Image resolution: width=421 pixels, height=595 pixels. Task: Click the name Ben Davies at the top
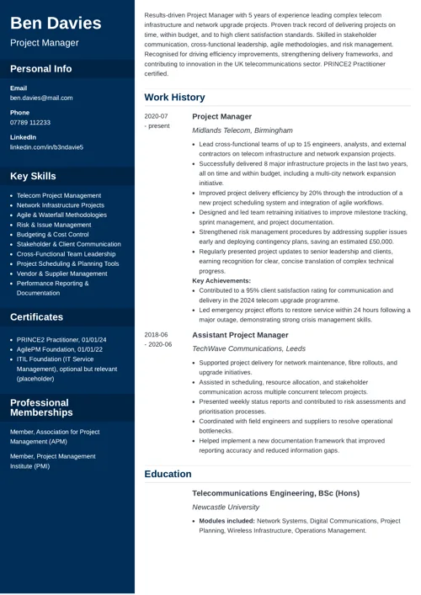[56, 23]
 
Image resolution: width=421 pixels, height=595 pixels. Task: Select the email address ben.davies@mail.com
[41, 98]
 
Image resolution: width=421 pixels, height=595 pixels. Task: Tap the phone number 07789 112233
[30, 123]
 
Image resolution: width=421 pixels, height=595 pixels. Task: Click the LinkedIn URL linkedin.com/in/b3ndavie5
[46, 147]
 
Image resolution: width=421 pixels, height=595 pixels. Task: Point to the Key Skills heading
[33, 176]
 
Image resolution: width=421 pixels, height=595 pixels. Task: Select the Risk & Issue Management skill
[54, 225]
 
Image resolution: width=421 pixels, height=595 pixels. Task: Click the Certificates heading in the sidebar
[36, 317]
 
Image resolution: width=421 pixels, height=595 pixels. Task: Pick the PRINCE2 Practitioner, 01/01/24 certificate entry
[61, 339]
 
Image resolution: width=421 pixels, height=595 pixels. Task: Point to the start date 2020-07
[156, 116]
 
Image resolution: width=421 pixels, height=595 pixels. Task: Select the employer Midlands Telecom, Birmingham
[242, 130]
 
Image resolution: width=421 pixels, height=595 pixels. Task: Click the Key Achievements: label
[221, 280]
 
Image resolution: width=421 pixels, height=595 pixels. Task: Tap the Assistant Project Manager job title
[240, 335]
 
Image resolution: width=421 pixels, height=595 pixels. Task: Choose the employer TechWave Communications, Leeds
[248, 348]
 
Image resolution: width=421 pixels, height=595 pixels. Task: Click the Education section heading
[168, 474]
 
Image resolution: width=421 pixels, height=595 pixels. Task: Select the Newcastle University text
[226, 507]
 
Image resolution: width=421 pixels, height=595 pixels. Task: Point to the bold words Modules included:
[226, 521]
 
